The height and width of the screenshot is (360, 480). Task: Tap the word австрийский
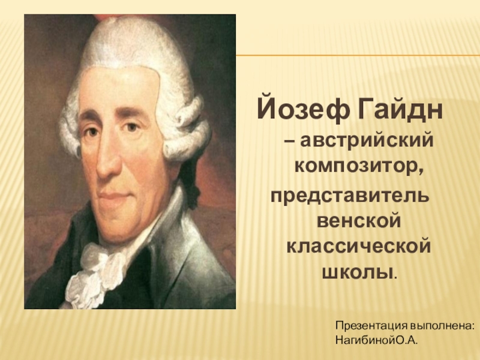tap(367, 141)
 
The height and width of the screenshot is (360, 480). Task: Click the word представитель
tap(349, 197)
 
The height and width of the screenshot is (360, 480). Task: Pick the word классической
tap(359, 247)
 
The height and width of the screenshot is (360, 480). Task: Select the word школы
tap(357, 272)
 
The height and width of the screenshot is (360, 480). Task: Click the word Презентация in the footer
tap(371, 326)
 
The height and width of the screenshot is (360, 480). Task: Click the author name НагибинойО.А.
tap(377, 340)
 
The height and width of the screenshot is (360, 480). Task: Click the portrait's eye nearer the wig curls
tap(131, 127)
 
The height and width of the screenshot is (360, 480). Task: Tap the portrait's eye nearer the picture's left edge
tap(92, 131)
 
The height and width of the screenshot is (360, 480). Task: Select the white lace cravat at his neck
tap(92, 272)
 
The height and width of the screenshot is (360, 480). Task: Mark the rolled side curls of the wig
tap(187, 128)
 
